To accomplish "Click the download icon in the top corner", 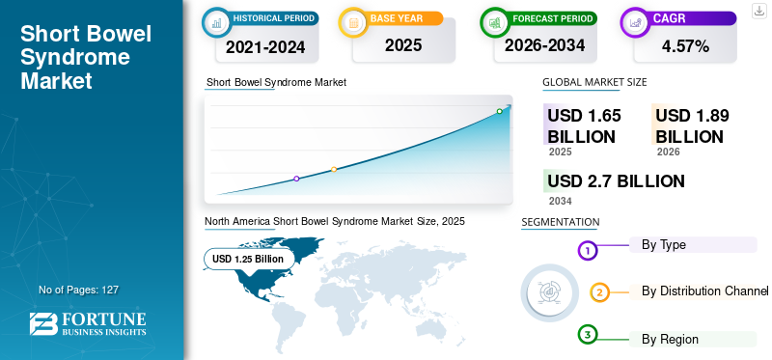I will (759, 10).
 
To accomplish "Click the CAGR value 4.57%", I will (685, 45).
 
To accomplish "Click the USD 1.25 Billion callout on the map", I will (248, 259).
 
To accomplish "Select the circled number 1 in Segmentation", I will (588, 251).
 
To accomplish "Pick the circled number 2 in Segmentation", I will (599, 292).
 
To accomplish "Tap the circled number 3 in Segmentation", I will (588, 334).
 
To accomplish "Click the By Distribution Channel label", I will (704, 291).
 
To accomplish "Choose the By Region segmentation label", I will (670, 339).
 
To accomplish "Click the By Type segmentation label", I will (664, 245).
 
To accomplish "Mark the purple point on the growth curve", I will (296, 179).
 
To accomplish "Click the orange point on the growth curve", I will (334, 170).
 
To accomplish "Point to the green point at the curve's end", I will (499, 112).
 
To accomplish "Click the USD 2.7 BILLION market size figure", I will (616, 180).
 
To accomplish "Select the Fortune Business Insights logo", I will (89, 324).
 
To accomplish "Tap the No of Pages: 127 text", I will (78, 290).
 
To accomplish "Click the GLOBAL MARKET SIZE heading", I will (594, 83).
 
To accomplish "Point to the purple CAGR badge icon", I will (636, 19).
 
